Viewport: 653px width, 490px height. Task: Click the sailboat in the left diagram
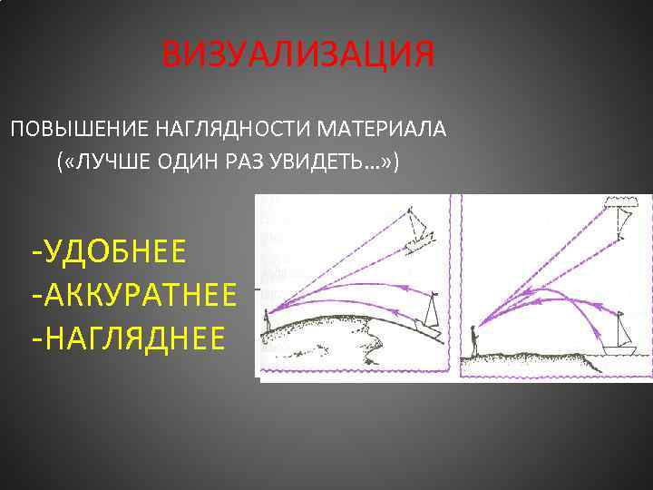(430, 313)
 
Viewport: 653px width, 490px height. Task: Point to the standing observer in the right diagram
(473, 343)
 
